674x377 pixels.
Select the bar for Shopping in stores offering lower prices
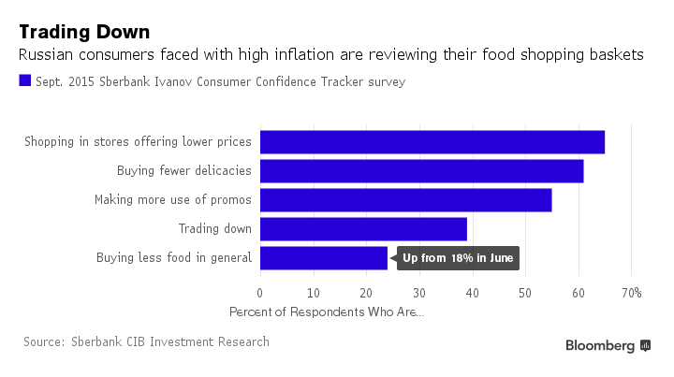tap(432, 142)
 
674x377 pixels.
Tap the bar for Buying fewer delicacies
tap(421, 171)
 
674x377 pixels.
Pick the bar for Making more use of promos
tap(405, 200)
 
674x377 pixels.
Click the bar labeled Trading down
tap(363, 229)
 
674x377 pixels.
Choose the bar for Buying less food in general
tap(323, 258)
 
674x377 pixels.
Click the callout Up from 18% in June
tap(459, 258)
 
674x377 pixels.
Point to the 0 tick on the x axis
tap(259, 293)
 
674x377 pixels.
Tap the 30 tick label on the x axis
tap(418, 293)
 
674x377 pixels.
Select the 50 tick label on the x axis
tap(524, 293)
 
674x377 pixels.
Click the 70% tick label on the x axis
tap(631, 293)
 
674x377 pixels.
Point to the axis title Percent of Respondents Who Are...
tap(326, 312)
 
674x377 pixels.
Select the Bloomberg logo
tap(608, 345)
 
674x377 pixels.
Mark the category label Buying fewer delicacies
tap(183, 171)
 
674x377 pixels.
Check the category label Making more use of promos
tap(172, 200)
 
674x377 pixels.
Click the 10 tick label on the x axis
tap(313, 293)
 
